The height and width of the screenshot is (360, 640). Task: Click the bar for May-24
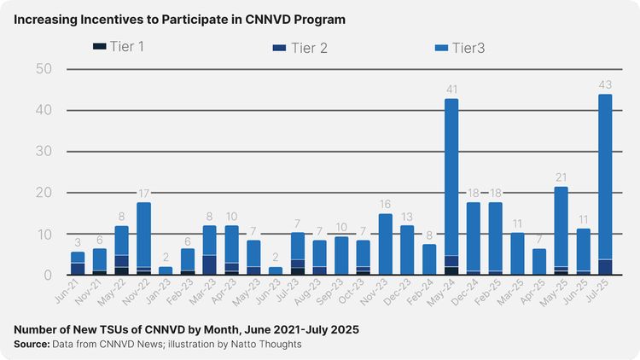(x=451, y=187)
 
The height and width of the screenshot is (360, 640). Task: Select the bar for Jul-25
(x=605, y=184)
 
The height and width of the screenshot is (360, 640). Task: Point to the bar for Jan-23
(x=166, y=270)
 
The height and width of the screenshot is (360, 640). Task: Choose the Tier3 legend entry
(x=474, y=47)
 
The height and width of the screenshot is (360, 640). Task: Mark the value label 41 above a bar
(x=451, y=89)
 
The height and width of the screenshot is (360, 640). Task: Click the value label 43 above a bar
(x=605, y=84)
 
